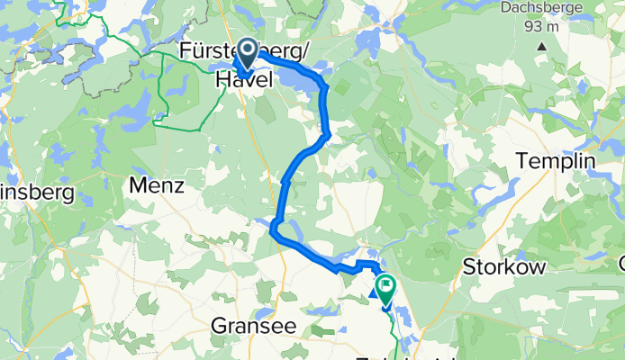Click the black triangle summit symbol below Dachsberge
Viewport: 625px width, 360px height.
[x=541, y=45]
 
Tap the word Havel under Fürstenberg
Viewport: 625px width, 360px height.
[x=244, y=80]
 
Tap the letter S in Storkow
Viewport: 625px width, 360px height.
[x=467, y=266]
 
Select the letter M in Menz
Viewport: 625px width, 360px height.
[x=139, y=186]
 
